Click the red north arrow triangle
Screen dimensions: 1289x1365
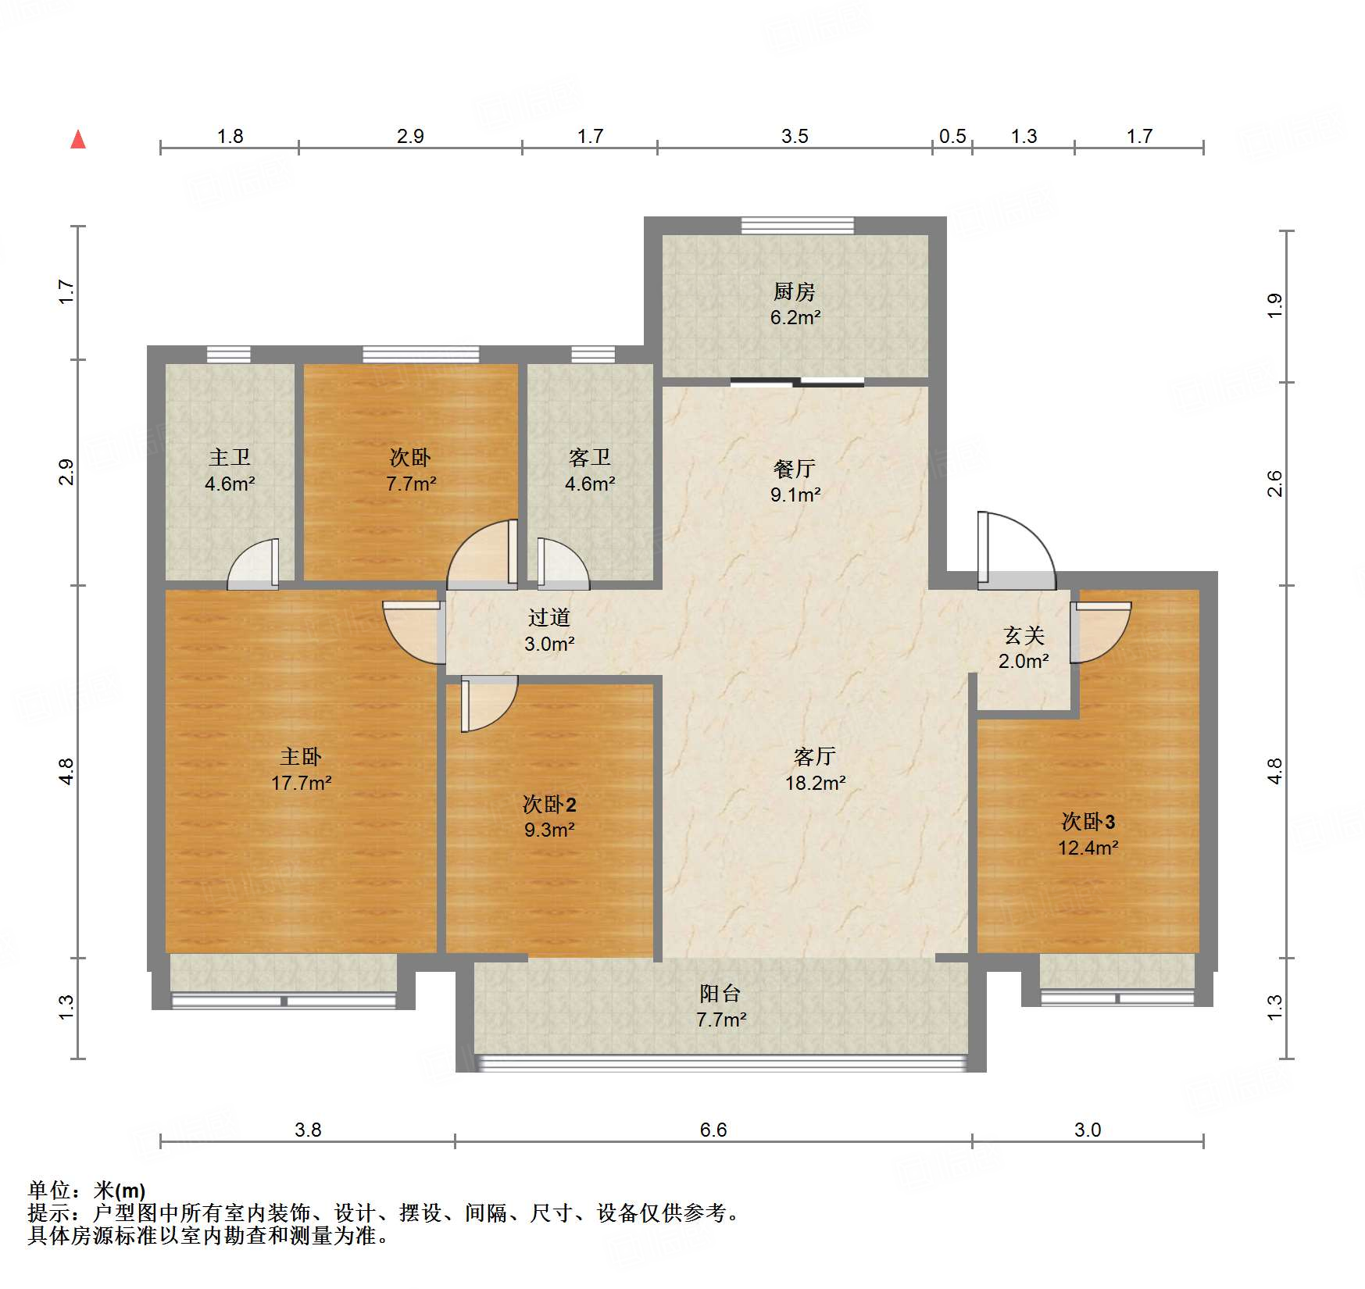point(78,140)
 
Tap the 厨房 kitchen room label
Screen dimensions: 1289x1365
point(795,291)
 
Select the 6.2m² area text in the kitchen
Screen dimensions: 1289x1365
point(795,318)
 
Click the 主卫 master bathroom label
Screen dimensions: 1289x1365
point(229,458)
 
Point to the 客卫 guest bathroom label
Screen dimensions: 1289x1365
point(589,458)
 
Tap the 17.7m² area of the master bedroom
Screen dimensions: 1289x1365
point(301,783)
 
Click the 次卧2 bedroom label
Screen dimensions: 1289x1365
point(549,804)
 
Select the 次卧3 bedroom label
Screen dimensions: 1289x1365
point(1088,821)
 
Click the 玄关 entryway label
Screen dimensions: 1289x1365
point(1024,635)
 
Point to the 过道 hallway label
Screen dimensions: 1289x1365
point(549,618)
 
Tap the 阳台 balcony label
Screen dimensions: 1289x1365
point(720,994)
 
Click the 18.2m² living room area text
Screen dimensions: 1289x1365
point(815,783)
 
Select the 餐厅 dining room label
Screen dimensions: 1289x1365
point(795,469)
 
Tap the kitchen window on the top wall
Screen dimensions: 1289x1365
point(797,226)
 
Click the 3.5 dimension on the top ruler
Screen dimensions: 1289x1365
point(795,136)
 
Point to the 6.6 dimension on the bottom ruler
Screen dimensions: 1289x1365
point(713,1130)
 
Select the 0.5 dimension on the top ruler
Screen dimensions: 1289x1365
point(952,136)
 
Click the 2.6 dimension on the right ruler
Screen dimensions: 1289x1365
point(1274,483)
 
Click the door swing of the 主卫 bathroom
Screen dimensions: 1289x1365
point(253,564)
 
